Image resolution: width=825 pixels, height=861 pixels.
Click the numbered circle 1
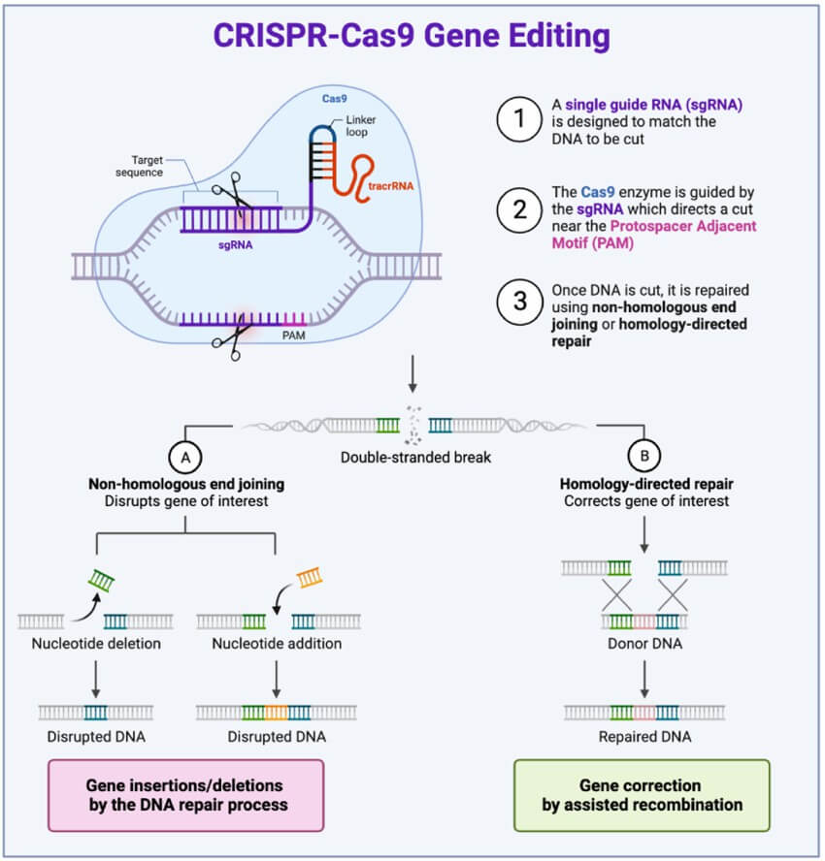[519, 119]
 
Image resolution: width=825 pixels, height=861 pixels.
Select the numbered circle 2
[519, 209]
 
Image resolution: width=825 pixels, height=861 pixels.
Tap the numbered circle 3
[519, 302]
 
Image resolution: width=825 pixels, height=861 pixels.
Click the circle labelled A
[185, 458]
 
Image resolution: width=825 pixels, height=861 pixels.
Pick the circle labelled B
[644, 456]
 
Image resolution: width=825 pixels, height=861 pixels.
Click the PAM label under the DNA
[293, 335]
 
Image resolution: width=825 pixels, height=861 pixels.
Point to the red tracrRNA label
[391, 186]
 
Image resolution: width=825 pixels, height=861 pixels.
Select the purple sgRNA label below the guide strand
[235, 245]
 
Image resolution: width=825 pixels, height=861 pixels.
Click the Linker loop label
[360, 126]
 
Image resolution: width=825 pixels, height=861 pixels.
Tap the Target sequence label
[140, 166]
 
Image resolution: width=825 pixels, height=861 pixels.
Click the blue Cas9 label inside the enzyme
[334, 99]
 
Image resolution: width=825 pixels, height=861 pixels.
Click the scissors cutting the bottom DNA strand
[229, 338]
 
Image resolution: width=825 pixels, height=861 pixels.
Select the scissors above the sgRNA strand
[232, 192]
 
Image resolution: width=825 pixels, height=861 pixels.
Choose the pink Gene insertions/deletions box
[185, 795]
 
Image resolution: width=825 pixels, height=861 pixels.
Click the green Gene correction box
[642, 795]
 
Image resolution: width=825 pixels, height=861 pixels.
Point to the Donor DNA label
[644, 644]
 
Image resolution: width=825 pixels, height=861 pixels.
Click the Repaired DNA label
[644, 736]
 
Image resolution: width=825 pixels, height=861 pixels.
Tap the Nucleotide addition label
[277, 644]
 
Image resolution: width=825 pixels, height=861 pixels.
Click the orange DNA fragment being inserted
[310, 578]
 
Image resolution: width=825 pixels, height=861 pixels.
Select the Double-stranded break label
[415, 458]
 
